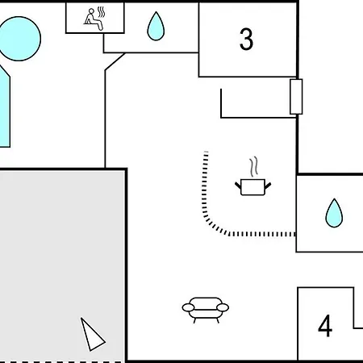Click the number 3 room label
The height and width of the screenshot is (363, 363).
(x=246, y=40)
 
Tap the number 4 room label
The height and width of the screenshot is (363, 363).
(x=325, y=326)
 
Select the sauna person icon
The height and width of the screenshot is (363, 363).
(x=94, y=19)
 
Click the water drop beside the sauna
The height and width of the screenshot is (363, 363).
(x=156, y=26)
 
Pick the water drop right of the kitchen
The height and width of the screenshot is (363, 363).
(x=334, y=213)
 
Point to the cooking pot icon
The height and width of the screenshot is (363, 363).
(x=252, y=187)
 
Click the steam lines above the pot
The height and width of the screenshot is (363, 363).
(x=253, y=167)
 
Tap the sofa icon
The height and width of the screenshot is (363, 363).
(x=206, y=310)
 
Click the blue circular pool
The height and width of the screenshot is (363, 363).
(x=19, y=39)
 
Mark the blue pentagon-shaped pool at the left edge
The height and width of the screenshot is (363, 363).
(x=5, y=107)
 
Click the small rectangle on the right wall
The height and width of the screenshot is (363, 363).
(x=296, y=97)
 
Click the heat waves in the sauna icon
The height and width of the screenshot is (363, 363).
(x=101, y=12)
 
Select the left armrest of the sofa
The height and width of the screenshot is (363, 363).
(x=188, y=307)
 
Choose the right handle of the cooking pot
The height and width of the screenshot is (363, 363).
(x=268, y=186)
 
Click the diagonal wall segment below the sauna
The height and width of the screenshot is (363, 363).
(x=115, y=61)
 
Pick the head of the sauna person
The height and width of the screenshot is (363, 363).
(x=91, y=11)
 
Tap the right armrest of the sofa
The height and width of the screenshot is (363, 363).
(x=223, y=307)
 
